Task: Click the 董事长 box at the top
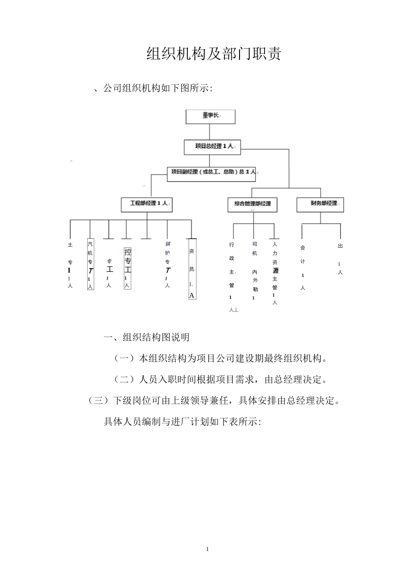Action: (210, 117)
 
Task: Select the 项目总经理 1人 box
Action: (212, 147)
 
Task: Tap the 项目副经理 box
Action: (211, 174)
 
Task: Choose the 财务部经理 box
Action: (320, 205)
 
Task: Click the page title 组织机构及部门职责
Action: (214, 54)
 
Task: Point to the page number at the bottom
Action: (208, 549)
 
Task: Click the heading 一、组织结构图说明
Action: (146, 337)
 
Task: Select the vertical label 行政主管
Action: (232, 276)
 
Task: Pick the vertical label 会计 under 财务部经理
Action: (303, 268)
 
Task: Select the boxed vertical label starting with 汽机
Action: (90, 264)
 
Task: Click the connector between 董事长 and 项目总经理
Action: (210, 132)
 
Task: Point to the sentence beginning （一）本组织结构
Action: (221, 358)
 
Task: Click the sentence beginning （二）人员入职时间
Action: (221, 379)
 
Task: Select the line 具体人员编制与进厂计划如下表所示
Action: (183, 422)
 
